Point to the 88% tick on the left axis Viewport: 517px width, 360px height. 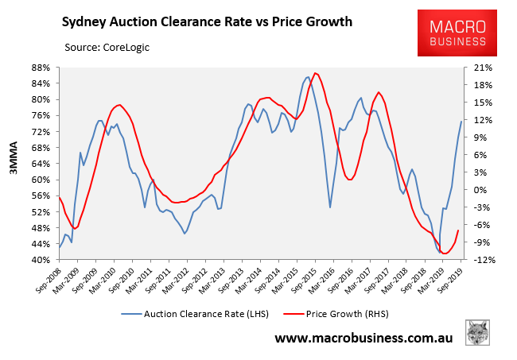tap(42, 67)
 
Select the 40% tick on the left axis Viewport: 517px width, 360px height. tap(42, 260)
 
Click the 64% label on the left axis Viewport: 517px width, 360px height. tap(42, 164)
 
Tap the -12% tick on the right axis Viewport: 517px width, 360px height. tap(483, 260)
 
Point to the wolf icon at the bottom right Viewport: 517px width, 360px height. tap(477, 334)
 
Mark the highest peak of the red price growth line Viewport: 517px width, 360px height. tap(316, 73)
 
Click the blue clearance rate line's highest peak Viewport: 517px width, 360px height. tap(308, 77)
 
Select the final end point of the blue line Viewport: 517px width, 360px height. tap(461, 122)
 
